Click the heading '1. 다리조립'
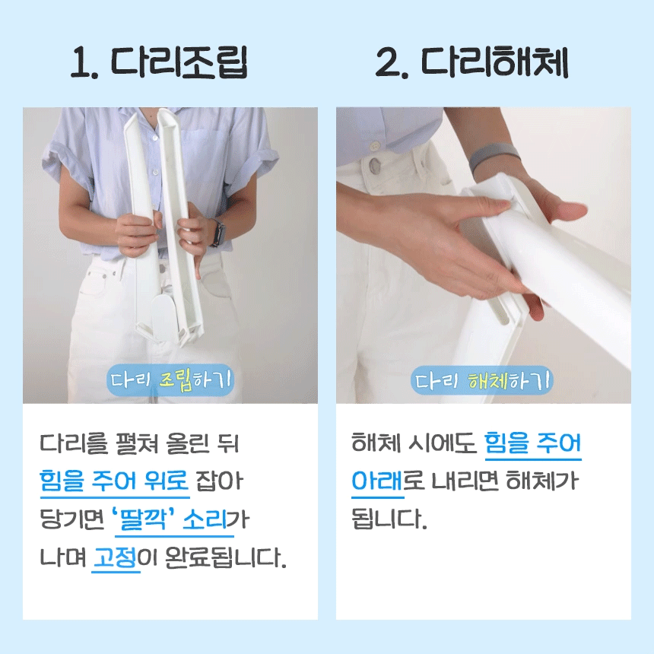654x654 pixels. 159,62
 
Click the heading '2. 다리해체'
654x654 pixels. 471,62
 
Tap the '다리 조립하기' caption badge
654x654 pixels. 170,380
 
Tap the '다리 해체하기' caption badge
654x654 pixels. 482,380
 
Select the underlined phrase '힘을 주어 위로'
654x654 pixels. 114,481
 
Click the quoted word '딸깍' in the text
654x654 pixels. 144,519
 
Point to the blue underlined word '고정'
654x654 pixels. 116,557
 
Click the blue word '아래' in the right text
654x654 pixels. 377,481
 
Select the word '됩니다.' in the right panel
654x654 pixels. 389,519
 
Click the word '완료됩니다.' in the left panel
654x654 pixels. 226,557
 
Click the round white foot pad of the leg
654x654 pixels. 164,318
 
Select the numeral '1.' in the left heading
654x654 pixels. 85,62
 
